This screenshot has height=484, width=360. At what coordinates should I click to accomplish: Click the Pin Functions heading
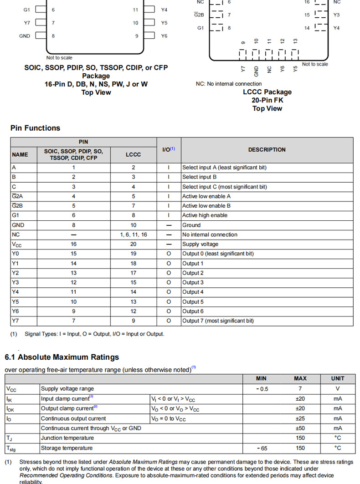[35, 128]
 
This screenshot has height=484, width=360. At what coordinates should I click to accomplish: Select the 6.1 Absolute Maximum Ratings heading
[62, 357]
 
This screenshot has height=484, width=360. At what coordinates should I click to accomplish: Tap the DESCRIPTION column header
[267, 150]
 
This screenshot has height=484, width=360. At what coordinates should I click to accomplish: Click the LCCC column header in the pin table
[133, 154]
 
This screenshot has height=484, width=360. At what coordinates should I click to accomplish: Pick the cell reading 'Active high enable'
[205, 215]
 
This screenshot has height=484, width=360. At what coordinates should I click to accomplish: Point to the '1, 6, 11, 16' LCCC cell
[133, 234]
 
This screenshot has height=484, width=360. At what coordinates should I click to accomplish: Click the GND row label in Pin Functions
[18, 225]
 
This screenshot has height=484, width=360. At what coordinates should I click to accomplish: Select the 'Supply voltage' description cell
[200, 244]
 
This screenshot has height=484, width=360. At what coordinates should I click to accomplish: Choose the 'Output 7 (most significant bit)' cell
[218, 321]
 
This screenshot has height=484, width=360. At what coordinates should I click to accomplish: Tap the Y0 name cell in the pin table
[15, 254]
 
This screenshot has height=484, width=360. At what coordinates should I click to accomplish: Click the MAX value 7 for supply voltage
[300, 389]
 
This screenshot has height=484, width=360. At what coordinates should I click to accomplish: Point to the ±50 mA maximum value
[300, 428]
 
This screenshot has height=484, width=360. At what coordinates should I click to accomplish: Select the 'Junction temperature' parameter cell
[67, 438]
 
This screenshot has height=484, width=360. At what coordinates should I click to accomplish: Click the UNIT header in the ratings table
[338, 378]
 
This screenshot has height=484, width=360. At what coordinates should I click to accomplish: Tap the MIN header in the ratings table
[262, 378]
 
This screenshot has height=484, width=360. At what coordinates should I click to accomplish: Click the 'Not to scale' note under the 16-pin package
[59, 58]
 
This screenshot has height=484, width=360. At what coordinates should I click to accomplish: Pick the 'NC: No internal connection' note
[229, 84]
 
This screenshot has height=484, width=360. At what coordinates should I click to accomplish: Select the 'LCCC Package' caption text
[267, 92]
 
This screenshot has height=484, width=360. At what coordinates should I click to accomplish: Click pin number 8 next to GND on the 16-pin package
[53, 36]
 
